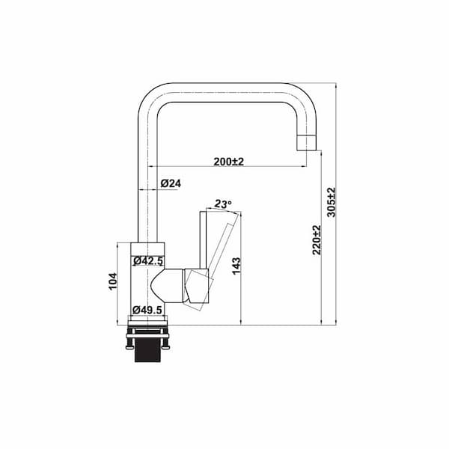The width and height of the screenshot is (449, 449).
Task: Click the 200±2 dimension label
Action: [230, 161]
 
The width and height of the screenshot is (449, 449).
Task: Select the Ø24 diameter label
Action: [171, 183]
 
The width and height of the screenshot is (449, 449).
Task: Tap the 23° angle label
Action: [223, 204]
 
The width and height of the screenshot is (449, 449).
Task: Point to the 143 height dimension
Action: [236, 265]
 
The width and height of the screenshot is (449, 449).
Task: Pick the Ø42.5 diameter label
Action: [148, 261]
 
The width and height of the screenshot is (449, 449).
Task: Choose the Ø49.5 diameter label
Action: [148, 309]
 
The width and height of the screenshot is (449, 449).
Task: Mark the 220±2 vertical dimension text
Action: [317, 239]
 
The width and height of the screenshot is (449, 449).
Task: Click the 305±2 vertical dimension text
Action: [332, 202]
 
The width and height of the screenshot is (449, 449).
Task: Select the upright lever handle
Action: [203, 239]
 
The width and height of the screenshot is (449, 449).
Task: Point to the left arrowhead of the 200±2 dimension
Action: [153, 167]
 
